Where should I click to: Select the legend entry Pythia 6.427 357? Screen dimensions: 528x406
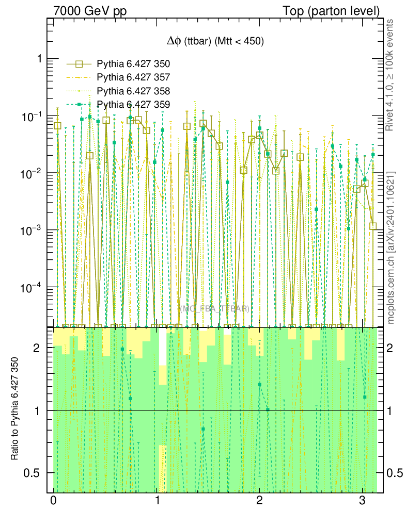tap(133, 78)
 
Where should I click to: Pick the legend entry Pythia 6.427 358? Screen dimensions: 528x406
tap(133, 91)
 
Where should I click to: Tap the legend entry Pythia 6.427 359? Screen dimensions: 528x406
tap(133, 105)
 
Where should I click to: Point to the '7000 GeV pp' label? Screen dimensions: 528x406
tap(90, 11)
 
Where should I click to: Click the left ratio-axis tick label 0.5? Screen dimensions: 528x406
tap(34, 473)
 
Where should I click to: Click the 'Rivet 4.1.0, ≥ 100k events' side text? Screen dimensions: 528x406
tap(391, 75)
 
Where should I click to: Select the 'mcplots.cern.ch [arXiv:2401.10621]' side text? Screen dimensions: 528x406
tap(391, 234)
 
